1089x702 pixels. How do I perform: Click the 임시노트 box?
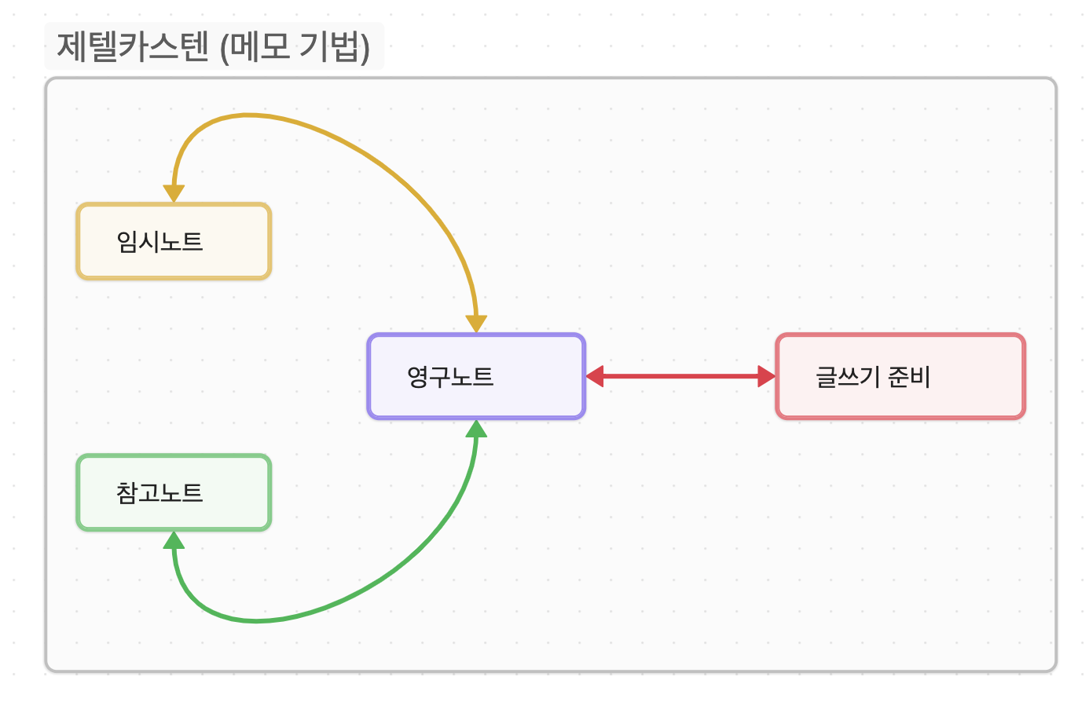pyautogui.click(x=174, y=241)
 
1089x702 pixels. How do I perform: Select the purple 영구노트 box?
pyautogui.click(x=476, y=376)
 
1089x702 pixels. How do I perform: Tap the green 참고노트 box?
pyautogui.click(x=174, y=492)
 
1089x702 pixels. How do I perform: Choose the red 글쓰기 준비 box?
pyautogui.click(x=900, y=376)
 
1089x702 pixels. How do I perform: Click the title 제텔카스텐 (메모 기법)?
pyautogui.click(x=214, y=47)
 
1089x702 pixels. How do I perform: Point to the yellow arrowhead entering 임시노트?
pyautogui.click(x=174, y=194)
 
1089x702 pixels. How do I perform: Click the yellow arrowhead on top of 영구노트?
pyautogui.click(x=476, y=324)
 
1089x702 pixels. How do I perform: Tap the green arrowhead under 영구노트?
pyautogui.click(x=476, y=429)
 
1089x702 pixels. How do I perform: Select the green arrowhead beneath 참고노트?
pyautogui.click(x=174, y=540)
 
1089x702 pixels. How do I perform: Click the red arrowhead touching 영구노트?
pyautogui.click(x=595, y=376)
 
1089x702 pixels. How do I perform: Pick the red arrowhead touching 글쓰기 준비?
pyautogui.click(x=766, y=376)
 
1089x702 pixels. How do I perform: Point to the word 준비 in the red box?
pyautogui.click(x=909, y=377)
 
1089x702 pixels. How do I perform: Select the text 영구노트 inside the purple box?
pyautogui.click(x=450, y=377)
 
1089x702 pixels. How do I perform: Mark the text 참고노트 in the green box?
pyautogui.click(x=160, y=492)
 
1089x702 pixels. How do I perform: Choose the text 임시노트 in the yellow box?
pyautogui.click(x=160, y=241)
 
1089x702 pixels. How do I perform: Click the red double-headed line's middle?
pyautogui.click(x=680, y=376)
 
